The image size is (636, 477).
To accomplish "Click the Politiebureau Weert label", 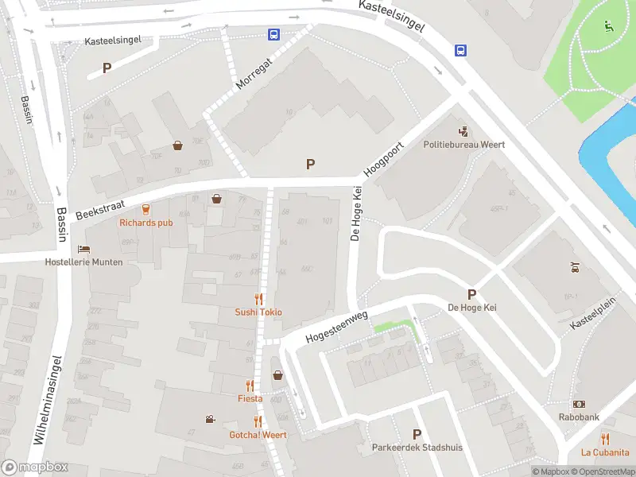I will [464, 145].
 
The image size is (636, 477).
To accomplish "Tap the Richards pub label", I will [145, 223].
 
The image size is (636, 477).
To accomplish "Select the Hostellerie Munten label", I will [84, 262].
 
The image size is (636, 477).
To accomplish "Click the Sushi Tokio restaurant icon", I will [258, 299].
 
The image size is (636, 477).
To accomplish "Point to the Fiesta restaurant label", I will [250, 398].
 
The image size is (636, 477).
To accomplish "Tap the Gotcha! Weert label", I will [258, 435].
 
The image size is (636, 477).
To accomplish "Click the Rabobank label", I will [579, 417].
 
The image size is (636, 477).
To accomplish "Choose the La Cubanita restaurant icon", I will [605, 438].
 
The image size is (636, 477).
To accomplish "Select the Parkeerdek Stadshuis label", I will [417, 447].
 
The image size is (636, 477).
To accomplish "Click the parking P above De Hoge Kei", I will [471, 294].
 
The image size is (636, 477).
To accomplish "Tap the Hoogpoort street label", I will [385, 160].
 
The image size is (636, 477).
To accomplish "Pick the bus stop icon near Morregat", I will [273, 34].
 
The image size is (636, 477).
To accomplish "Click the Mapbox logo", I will [34, 467].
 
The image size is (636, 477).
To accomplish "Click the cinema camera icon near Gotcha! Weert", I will [210, 419].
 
